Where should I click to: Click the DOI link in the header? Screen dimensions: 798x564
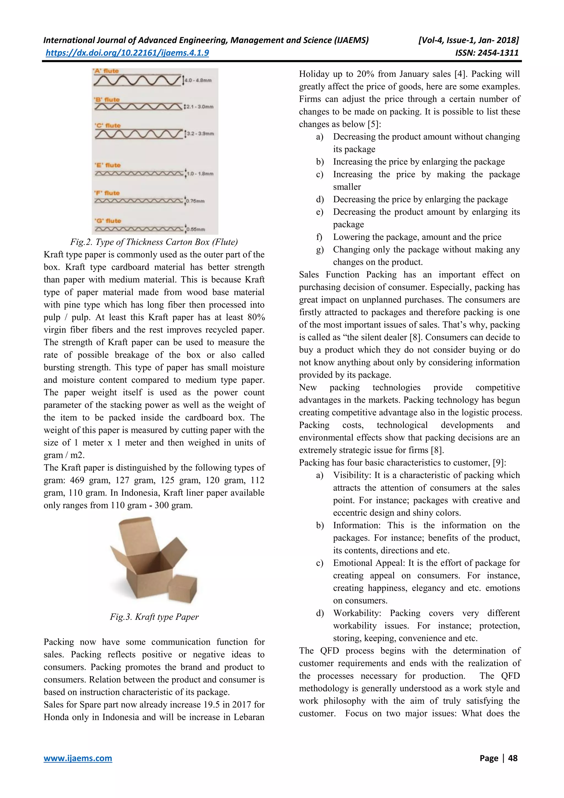tap(127, 53)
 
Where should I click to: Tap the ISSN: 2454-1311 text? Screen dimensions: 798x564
tap(487, 53)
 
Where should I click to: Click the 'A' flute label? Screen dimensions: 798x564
tap(106, 71)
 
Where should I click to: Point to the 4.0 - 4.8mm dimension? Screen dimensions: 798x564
tap(198, 80)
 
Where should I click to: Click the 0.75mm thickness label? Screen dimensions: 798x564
tap(195, 201)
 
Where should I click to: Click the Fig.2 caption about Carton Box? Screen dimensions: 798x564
tap(154, 242)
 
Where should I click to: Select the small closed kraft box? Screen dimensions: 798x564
tap(182, 587)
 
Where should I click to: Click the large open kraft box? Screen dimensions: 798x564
tap(146, 560)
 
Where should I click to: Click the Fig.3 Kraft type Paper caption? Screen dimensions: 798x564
tap(154, 617)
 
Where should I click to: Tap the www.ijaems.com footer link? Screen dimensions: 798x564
tap(78, 758)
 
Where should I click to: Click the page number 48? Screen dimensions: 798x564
tap(513, 758)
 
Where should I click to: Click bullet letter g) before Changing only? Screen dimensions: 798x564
tap(319, 250)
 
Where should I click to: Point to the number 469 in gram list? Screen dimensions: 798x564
tap(77, 480)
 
